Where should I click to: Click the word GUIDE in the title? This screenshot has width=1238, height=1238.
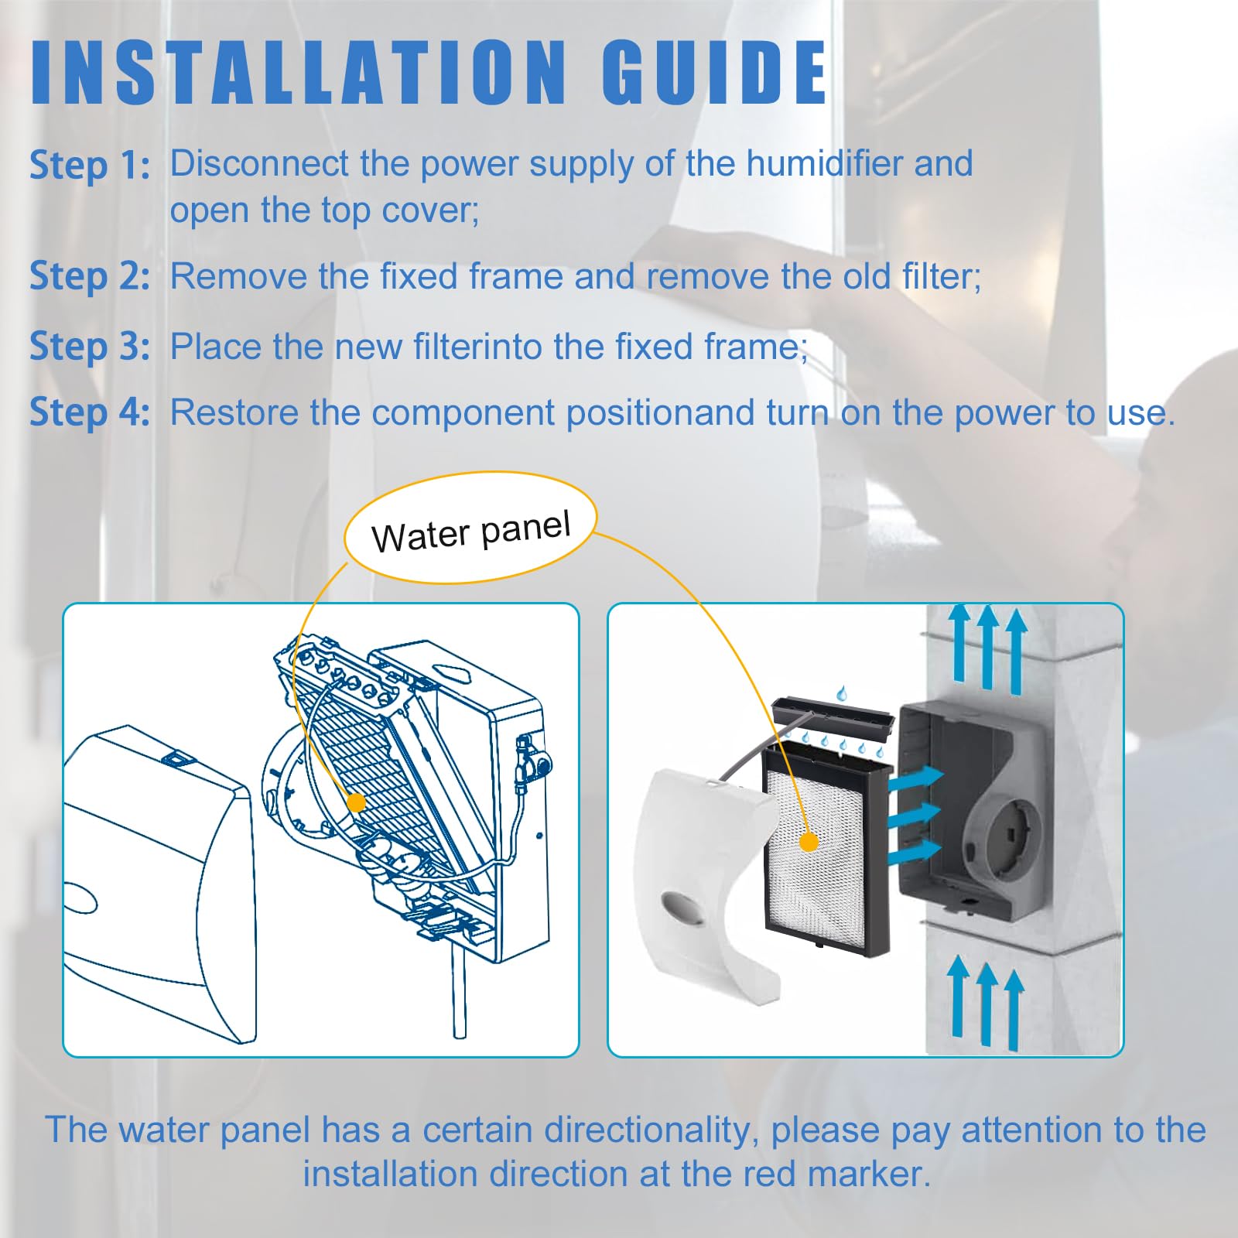point(715,72)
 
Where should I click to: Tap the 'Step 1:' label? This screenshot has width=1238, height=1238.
point(90,165)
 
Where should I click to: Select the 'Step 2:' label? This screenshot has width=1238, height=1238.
point(90,276)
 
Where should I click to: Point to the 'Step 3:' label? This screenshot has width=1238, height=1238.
point(90,346)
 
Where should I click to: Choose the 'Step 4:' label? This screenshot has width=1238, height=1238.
point(90,412)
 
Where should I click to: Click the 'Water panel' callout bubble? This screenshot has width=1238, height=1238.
point(470,527)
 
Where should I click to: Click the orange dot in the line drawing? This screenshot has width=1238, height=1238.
point(356,802)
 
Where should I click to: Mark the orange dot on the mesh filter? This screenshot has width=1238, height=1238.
point(809,842)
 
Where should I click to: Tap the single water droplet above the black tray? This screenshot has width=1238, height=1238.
point(841,693)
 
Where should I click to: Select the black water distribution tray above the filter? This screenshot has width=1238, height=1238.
point(833,716)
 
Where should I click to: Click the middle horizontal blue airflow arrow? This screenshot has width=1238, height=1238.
point(915,815)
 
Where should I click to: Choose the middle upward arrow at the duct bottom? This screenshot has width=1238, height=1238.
point(987,1003)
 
